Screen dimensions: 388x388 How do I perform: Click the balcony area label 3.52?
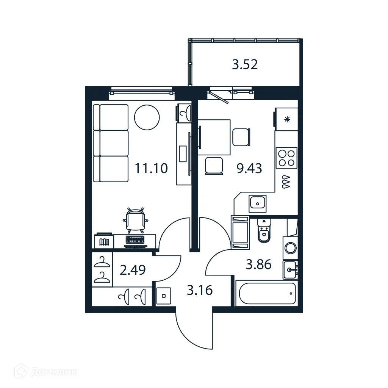click(x=245, y=64)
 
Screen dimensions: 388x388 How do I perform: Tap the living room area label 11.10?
click(x=151, y=168)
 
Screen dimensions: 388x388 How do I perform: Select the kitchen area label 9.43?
click(x=249, y=168)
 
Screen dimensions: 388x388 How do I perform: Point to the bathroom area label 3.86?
click(x=258, y=264)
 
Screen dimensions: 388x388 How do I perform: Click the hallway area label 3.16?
click(x=200, y=291)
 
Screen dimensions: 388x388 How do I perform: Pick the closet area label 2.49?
click(x=133, y=270)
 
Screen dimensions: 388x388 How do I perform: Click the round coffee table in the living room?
click(x=147, y=117)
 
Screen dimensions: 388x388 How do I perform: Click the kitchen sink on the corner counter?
click(x=258, y=203)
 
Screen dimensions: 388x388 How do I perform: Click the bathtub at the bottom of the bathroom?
click(x=265, y=293)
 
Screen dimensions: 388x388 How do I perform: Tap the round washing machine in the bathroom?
click(x=291, y=249)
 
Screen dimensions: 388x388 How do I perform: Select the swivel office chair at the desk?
click(x=136, y=220)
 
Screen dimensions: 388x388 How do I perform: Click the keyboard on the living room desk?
click(x=135, y=240)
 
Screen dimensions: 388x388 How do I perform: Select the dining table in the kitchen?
click(x=214, y=137)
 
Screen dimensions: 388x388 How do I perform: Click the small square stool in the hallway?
click(x=164, y=296)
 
